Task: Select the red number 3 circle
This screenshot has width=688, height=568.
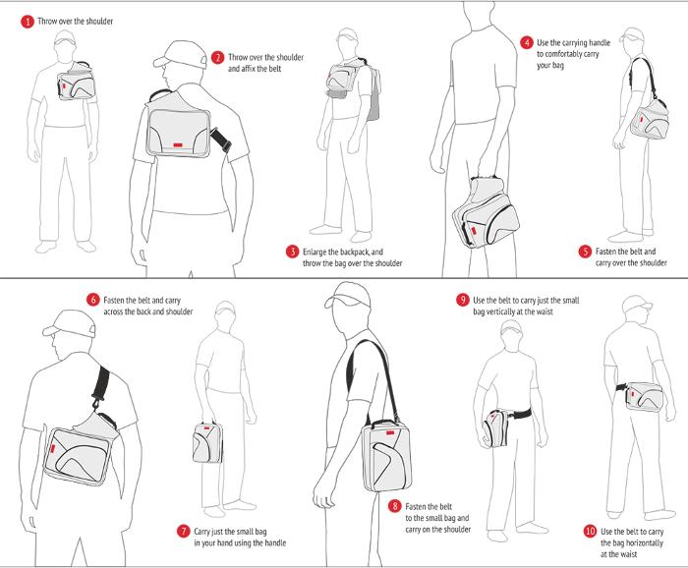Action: click(x=292, y=251)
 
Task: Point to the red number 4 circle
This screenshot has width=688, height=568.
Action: click(x=527, y=43)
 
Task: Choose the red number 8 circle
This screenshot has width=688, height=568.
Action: click(x=394, y=505)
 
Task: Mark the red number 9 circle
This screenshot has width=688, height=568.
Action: click(x=462, y=299)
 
